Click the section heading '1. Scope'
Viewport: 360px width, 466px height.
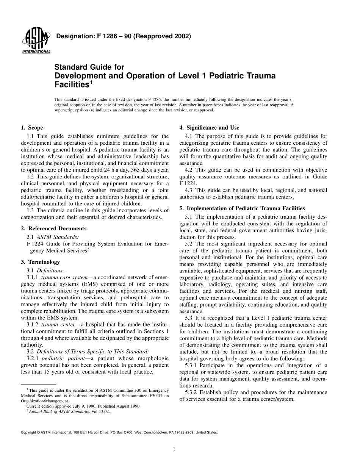(32, 128)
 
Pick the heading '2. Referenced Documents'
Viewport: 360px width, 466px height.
(53, 228)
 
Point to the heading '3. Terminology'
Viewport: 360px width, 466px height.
(40, 262)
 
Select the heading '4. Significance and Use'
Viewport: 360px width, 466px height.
(209, 128)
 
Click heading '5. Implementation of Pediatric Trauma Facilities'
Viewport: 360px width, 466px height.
(242, 208)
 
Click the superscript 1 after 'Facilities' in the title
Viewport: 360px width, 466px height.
(91, 82)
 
